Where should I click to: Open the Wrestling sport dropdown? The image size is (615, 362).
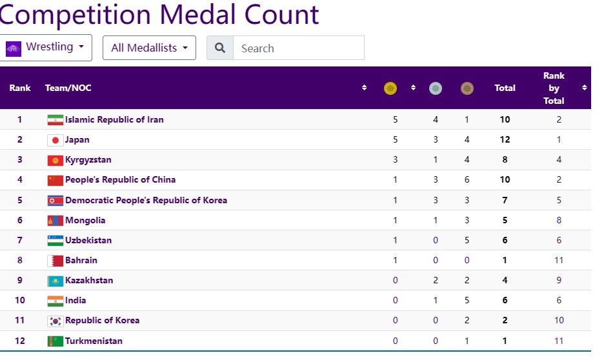coord(46,48)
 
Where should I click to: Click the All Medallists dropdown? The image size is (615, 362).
coord(149,48)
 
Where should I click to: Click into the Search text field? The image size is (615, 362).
coord(298,48)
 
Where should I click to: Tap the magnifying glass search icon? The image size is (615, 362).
coord(220,48)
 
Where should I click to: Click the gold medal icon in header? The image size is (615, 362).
coord(390,88)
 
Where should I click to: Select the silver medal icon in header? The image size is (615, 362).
coord(436,88)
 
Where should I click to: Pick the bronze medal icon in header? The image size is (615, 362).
coord(467,88)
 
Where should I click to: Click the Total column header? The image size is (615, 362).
coord(505,88)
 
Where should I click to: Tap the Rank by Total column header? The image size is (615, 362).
coord(554,88)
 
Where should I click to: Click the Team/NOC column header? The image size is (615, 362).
coord(68,88)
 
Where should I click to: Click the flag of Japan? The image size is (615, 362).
coord(55,140)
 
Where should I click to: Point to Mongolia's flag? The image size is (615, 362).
coord(55,220)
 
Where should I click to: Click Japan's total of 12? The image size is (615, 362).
coord(505,139)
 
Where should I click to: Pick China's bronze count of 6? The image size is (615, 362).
coord(467,179)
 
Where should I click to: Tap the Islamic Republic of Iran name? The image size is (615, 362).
coord(114,119)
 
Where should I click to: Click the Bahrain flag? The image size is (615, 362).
coord(55,261)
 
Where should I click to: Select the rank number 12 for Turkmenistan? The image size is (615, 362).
coord(20,341)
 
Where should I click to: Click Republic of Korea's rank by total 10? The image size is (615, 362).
coord(559,320)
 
